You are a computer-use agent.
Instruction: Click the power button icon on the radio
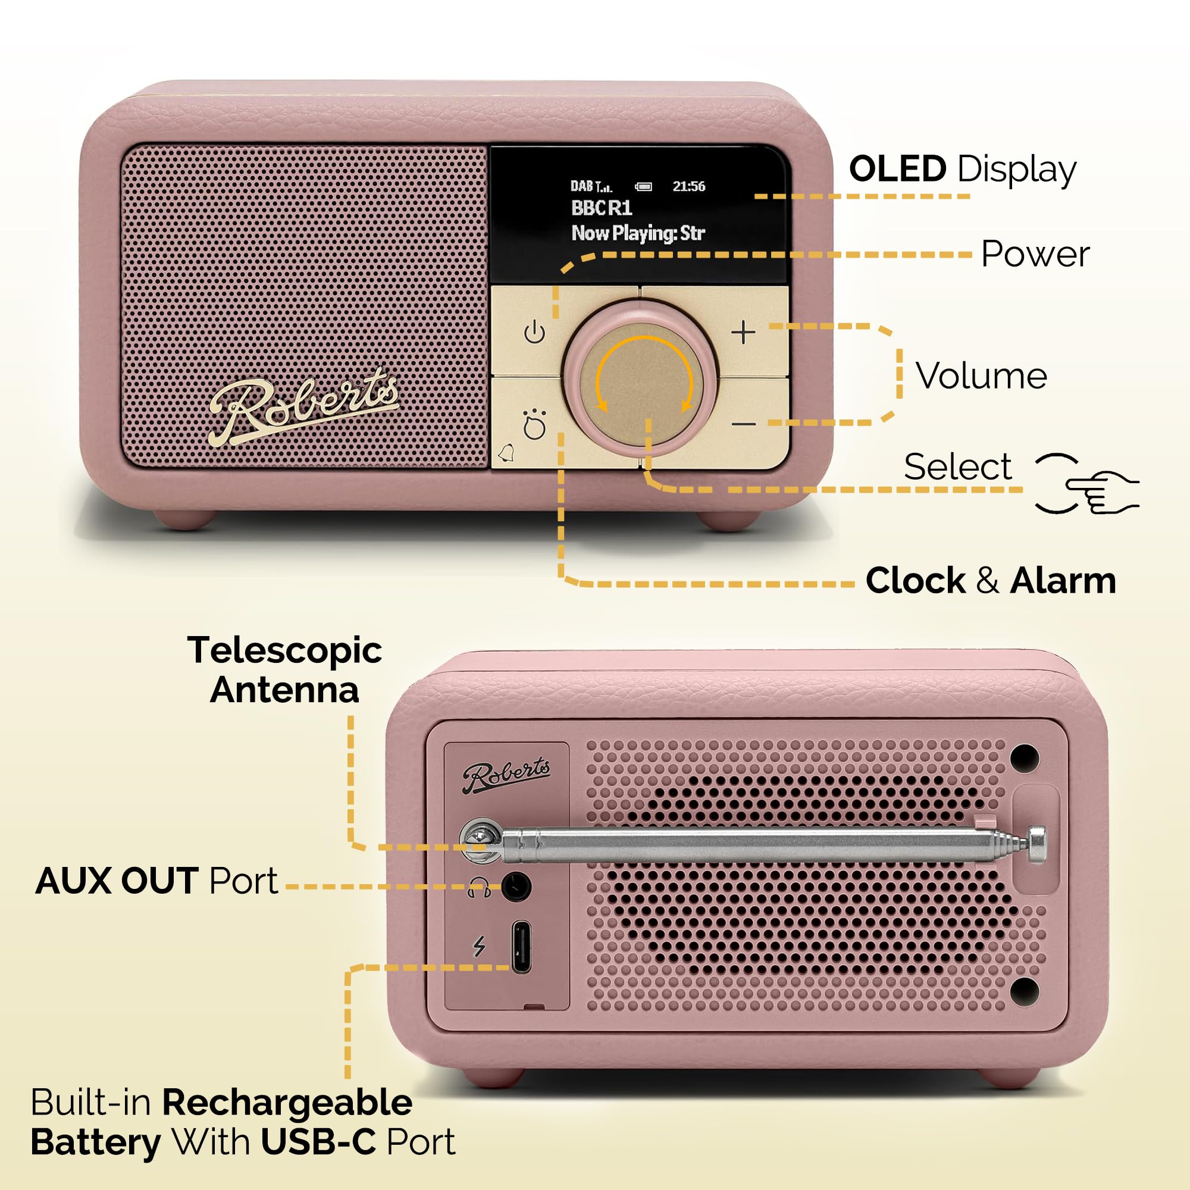pos(534,333)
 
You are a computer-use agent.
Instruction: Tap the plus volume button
pos(743,333)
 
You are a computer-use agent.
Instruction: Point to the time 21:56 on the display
pos(688,187)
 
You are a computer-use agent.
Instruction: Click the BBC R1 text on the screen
pos(601,208)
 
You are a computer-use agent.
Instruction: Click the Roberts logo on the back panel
pos(506,775)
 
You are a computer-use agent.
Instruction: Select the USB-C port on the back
pos(521,947)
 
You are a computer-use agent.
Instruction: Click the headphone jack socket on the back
pos(515,887)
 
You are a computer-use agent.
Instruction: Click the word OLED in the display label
pos(897,169)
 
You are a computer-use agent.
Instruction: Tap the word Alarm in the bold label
pos(1063,580)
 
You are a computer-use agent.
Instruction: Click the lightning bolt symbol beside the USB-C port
pos(479,946)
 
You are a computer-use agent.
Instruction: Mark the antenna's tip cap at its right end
pos(1036,843)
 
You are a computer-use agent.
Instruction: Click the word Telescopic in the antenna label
pos(284,650)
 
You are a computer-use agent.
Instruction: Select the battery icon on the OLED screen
pos(644,187)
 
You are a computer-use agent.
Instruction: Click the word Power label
pos(1035,254)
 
